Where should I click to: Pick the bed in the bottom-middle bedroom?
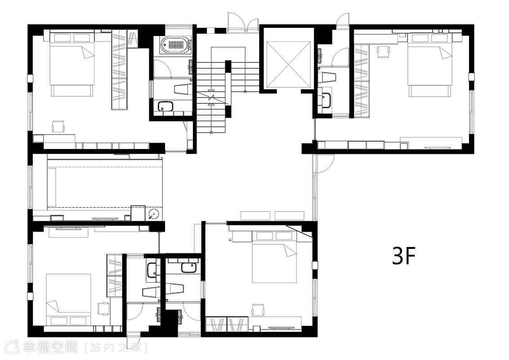pos(275,256)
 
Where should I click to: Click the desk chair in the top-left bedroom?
pos(58,126)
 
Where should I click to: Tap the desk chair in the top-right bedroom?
pos(383,52)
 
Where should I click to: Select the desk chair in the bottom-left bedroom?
pos(104,308)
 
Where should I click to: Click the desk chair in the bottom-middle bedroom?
pos(257,310)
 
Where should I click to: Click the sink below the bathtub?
pos(165,106)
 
